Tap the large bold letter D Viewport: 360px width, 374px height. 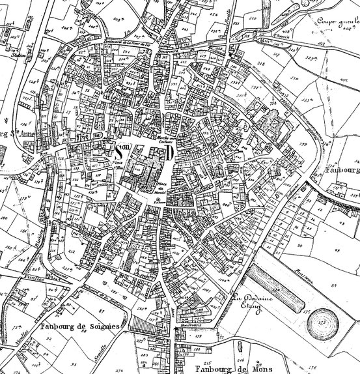(x=169, y=152)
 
